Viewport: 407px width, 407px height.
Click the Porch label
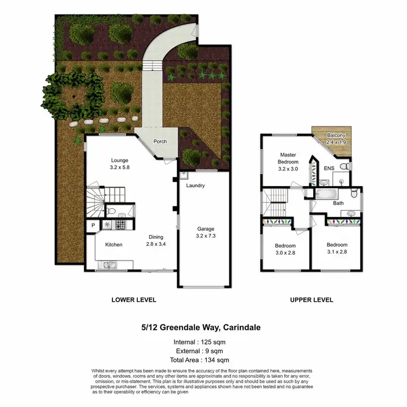tap(160, 142)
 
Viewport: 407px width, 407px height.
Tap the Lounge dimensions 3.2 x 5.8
tap(120, 168)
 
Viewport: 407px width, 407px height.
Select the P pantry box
tap(93, 225)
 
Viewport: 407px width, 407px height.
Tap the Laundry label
tap(195, 186)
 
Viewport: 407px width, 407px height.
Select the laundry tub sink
tap(184, 175)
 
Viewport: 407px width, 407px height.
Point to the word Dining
tap(156, 237)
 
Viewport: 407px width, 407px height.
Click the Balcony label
tap(336, 135)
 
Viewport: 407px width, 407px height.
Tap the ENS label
tap(329, 169)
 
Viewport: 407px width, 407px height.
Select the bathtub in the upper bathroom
tap(326, 194)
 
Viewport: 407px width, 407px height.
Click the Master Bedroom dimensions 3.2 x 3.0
tap(288, 169)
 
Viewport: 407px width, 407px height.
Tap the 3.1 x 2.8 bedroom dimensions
tap(336, 251)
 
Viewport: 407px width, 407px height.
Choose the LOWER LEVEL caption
tap(133, 300)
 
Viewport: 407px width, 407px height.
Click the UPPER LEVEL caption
tap(311, 300)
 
